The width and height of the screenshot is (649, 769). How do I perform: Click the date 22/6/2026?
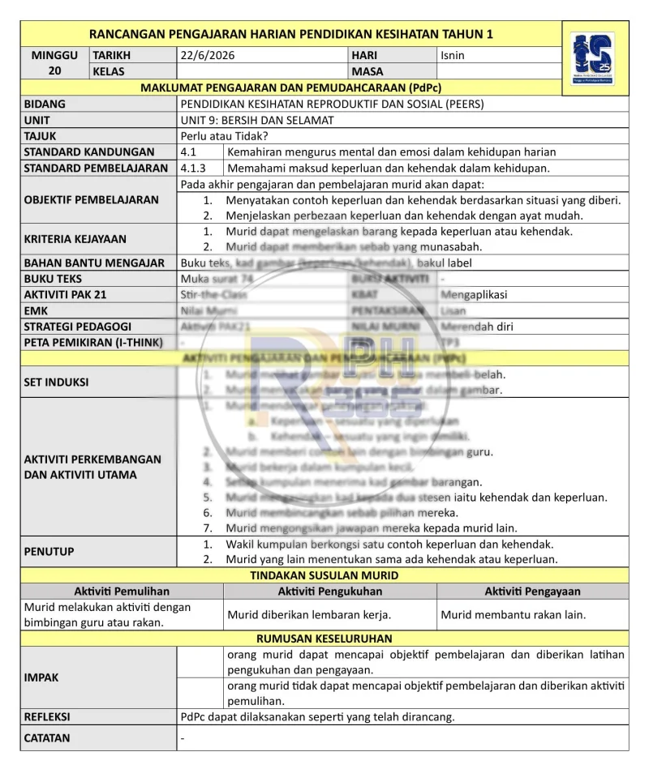pyautogui.click(x=208, y=56)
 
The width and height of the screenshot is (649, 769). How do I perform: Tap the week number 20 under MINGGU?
pyautogui.click(x=55, y=71)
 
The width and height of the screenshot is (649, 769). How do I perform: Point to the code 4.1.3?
pyautogui.click(x=193, y=169)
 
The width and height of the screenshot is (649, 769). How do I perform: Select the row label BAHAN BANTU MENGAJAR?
pyautogui.click(x=94, y=263)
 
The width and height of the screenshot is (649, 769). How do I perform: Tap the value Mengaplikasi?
pyautogui.click(x=474, y=295)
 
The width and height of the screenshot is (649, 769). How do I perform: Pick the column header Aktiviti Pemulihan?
pyautogui.click(x=122, y=592)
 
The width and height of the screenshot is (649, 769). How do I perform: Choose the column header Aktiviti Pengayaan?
pyautogui.click(x=532, y=592)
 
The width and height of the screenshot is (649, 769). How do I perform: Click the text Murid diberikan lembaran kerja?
pyautogui.click(x=309, y=615)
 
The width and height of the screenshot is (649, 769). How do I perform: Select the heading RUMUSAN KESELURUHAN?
pyautogui.click(x=324, y=639)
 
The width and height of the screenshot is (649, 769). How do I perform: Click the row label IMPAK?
pyautogui.click(x=41, y=677)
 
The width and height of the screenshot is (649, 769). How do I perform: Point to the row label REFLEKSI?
pyautogui.click(x=47, y=716)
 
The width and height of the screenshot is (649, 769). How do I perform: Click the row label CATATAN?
pyautogui.click(x=47, y=738)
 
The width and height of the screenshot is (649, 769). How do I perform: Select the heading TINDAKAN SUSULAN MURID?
pyautogui.click(x=324, y=575)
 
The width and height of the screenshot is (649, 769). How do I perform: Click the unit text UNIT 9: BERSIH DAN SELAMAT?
pyautogui.click(x=258, y=120)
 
